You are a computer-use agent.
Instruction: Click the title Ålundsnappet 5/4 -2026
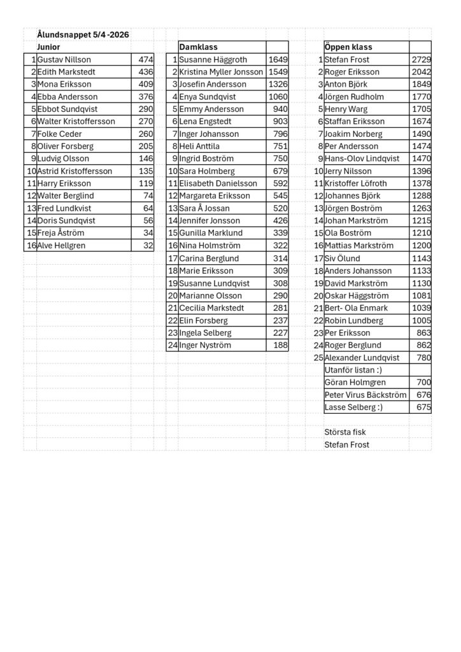pos(83,35)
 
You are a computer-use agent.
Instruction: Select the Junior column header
pos(49,47)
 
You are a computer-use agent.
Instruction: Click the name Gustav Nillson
pos(64,60)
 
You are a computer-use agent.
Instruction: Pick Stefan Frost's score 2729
pos(421,60)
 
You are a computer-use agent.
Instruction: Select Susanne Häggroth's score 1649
pos(278,60)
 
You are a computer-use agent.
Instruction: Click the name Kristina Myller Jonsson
pos(221,72)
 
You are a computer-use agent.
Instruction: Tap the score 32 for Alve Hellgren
pos(148,246)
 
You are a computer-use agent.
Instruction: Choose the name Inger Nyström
pos(205,345)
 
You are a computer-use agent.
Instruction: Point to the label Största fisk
pos(345,432)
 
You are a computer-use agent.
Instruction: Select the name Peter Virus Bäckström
pos(365,395)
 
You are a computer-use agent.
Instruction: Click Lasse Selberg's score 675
pos(423,407)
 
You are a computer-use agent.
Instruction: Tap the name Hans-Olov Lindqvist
pos(364,159)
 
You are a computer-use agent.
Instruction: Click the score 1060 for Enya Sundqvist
pos(278,97)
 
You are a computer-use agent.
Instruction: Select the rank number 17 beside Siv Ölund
pos(318,259)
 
